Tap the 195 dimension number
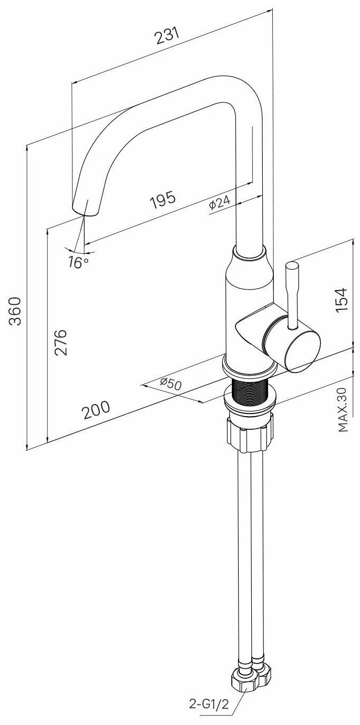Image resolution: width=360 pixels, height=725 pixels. [163, 200]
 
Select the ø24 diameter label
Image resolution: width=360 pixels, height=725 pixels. [220, 203]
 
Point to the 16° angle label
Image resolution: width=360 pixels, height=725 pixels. [78, 262]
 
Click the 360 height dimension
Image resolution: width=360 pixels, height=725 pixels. [15, 311]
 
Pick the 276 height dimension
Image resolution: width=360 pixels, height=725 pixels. [61, 343]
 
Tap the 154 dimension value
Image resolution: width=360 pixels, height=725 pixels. [342, 301]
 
